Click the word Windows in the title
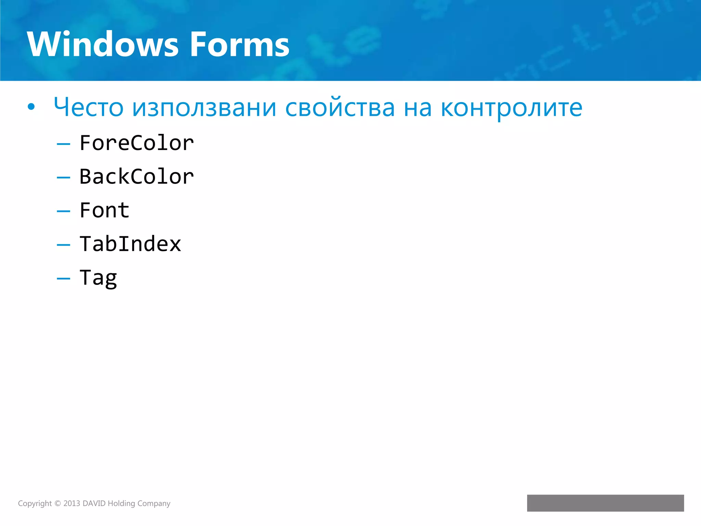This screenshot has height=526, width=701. click(103, 45)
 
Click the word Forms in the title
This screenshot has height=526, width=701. click(240, 45)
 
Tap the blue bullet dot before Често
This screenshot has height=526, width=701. click(31, 107)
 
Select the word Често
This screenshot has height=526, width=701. click(88, 107)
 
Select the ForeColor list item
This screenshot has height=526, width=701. click(137, 143)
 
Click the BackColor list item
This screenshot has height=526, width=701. click(137, 177)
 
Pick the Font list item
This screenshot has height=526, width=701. click(104, 210)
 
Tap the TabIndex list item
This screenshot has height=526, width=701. click(130, 244)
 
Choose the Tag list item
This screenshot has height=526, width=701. click(98, 278)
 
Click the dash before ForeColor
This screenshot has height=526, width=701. click(63, 144)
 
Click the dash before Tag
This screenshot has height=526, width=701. click(63, 279)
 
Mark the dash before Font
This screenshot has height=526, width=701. click(63, 211)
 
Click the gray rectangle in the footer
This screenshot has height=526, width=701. click(605, 503)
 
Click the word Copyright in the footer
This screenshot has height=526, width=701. click(35, 503)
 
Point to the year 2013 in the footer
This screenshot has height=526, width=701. click(72, 503)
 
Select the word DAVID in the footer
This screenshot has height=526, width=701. click(94, 503)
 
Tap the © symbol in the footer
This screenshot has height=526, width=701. click(58, 503)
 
